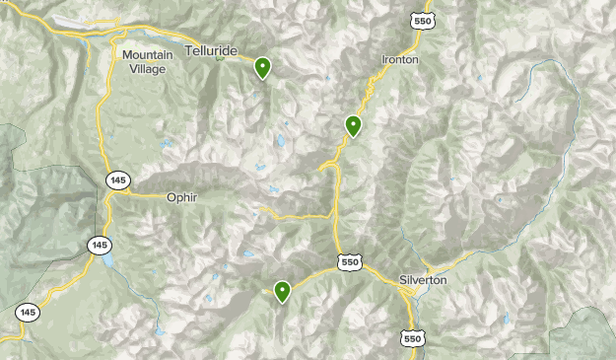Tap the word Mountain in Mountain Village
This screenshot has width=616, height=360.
point(148,55)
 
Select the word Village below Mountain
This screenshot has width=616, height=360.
point(148,69)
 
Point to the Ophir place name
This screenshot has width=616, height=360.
point(182,197)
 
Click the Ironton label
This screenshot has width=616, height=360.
point(400,60)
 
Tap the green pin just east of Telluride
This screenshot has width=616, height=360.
point(263,67)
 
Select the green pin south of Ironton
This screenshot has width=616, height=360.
point(353,125)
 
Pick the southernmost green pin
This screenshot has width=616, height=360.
point(283,291)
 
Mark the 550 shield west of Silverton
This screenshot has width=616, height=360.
point(349,261)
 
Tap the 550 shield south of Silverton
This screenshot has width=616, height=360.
point(413,338)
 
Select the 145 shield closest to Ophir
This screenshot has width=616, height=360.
point(117,180)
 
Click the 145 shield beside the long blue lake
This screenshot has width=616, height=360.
point(99,245)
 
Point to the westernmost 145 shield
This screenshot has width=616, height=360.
point(29,313)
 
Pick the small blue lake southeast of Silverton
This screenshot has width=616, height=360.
point(507,319)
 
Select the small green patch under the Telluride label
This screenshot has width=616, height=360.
point(221,57)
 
